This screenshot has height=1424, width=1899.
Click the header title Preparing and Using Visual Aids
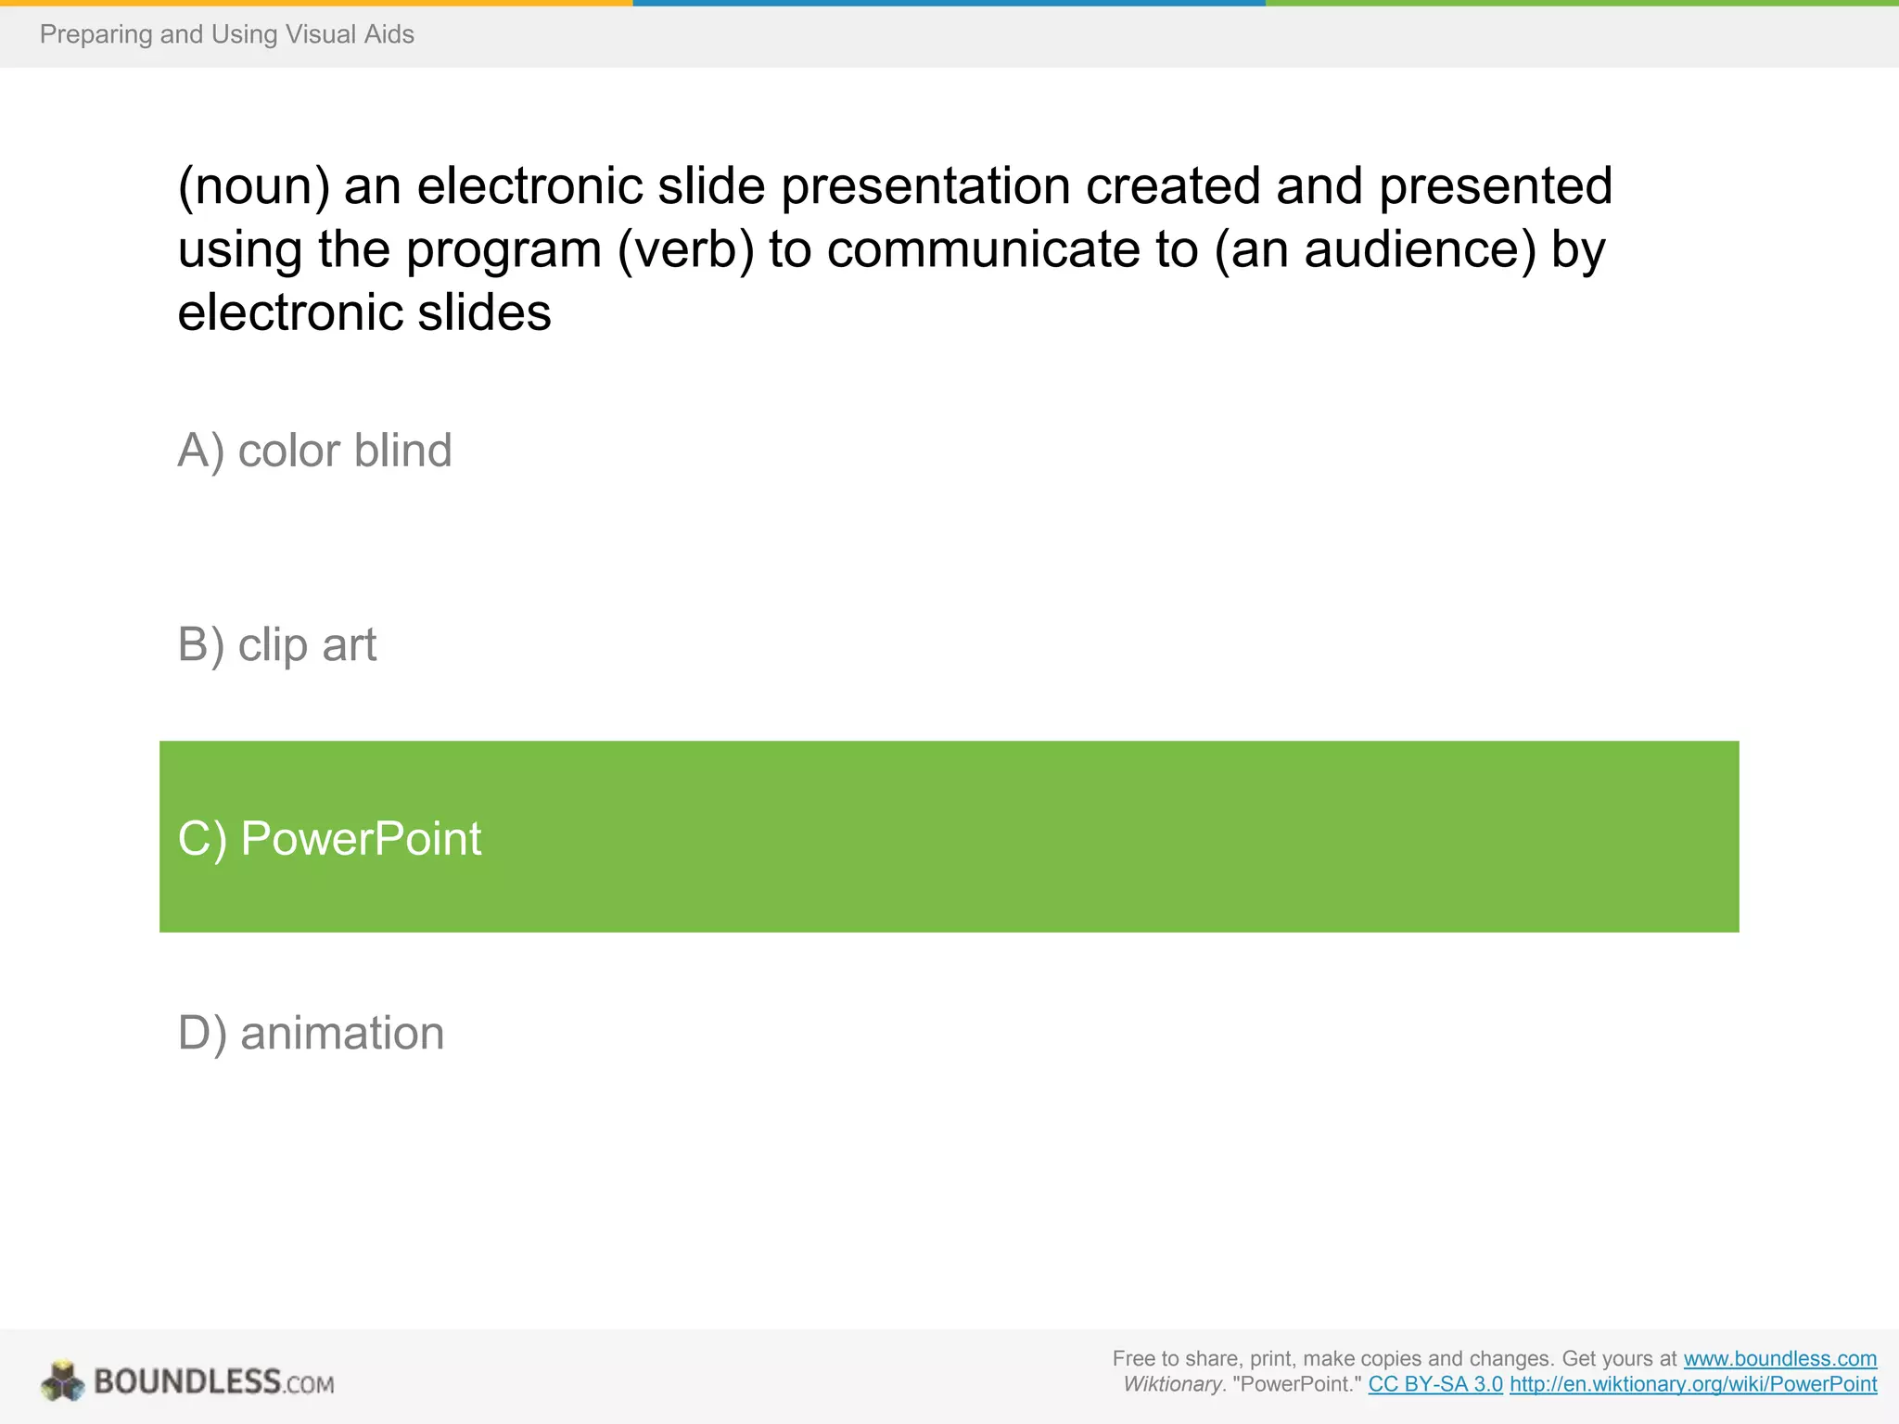(x=226, y=34)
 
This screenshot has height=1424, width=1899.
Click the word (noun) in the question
(x=253, y=186)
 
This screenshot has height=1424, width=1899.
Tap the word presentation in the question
(x=925, y=186)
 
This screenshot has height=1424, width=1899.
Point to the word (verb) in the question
(x=685, y=249)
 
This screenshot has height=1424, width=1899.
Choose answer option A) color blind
(x=314, y=451)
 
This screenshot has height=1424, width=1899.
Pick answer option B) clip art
(x=276, y=644)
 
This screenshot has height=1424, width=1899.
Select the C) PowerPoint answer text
(x=329, y=838)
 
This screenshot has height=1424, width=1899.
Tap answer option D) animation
(x=311, y=1033)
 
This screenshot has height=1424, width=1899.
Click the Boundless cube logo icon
(x=63, y=1381)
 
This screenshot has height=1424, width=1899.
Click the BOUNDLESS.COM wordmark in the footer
(x=213, y=1381)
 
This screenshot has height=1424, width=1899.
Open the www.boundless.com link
(x=1779, y=1358)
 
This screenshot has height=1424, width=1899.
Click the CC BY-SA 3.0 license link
(x=1434, y=1384)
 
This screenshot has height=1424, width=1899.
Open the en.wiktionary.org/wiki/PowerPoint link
(x=1693, y=1384)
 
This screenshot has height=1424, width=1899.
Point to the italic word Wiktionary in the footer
(x=1172, y=1384)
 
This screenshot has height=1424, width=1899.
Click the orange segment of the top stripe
(x=315, y=3)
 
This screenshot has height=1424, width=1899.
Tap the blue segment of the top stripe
(x=949, y=3)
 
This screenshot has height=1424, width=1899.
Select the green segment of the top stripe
(x=1582, y=3)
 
